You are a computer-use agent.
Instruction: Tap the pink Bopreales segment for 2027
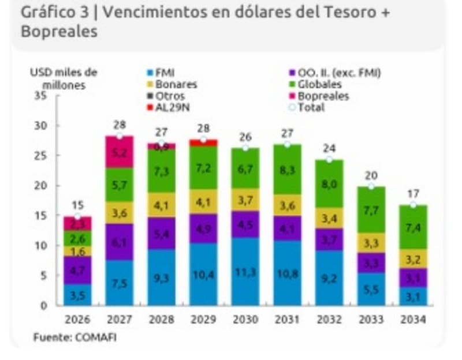(x=120, y=152)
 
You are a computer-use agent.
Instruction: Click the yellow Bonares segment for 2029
(x=203, y=202)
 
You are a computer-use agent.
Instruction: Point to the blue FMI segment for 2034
(x=413, y=297)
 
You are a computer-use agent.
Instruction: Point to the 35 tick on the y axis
(x=40, y=95)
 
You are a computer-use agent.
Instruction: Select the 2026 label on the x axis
(x=77, y=320)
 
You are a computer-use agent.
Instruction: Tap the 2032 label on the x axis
(x=329, y=320)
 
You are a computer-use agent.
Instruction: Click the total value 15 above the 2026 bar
(x=77, y=205)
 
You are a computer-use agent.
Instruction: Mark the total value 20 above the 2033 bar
(x=371, y=175)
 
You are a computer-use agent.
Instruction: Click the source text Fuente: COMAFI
(x=74, y=337)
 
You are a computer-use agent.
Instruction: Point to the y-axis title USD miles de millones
(x=64, y=79)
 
